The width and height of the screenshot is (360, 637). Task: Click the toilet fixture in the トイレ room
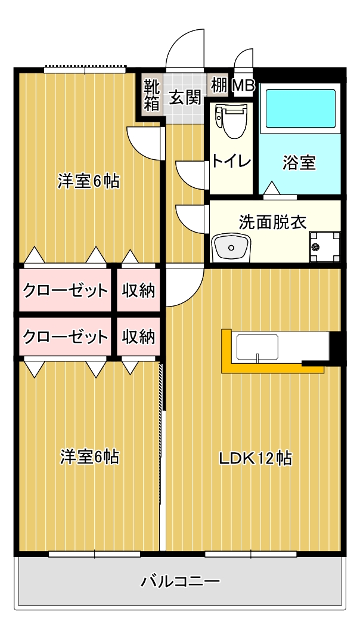tap(231, 121)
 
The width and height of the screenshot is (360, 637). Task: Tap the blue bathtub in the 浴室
tap(300, 108)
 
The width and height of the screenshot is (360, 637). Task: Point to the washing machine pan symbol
tap(325, 246)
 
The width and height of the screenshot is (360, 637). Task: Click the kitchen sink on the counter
tap(257, 347)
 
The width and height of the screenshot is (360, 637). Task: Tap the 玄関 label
tap(185, 98)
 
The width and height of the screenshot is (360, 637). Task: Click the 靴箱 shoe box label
tap(152, 96)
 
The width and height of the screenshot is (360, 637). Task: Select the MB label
tap(244, 86)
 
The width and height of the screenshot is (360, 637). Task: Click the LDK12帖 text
tap(255, 459)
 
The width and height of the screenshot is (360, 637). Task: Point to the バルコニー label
tap(180, 582)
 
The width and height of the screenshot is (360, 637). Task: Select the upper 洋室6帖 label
tap(88, 181)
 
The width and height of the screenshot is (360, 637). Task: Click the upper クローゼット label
tap(66, 290)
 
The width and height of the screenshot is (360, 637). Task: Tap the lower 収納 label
tap(139, 337)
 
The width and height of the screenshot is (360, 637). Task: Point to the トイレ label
tap(232, 162)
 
